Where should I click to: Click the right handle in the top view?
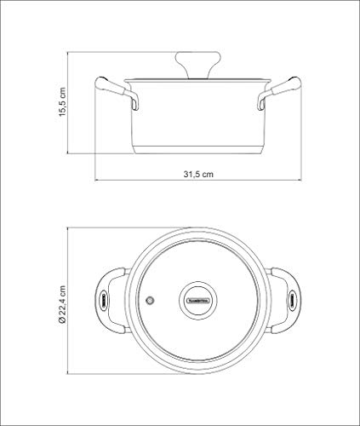pos(289,298)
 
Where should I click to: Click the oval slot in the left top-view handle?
pos(103,299)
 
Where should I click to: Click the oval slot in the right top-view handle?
pos(293,299)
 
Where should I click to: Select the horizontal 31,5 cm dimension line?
pos(198,180)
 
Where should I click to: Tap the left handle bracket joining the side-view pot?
pos(132,101)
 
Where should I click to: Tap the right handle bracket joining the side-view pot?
pos(263,101)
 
